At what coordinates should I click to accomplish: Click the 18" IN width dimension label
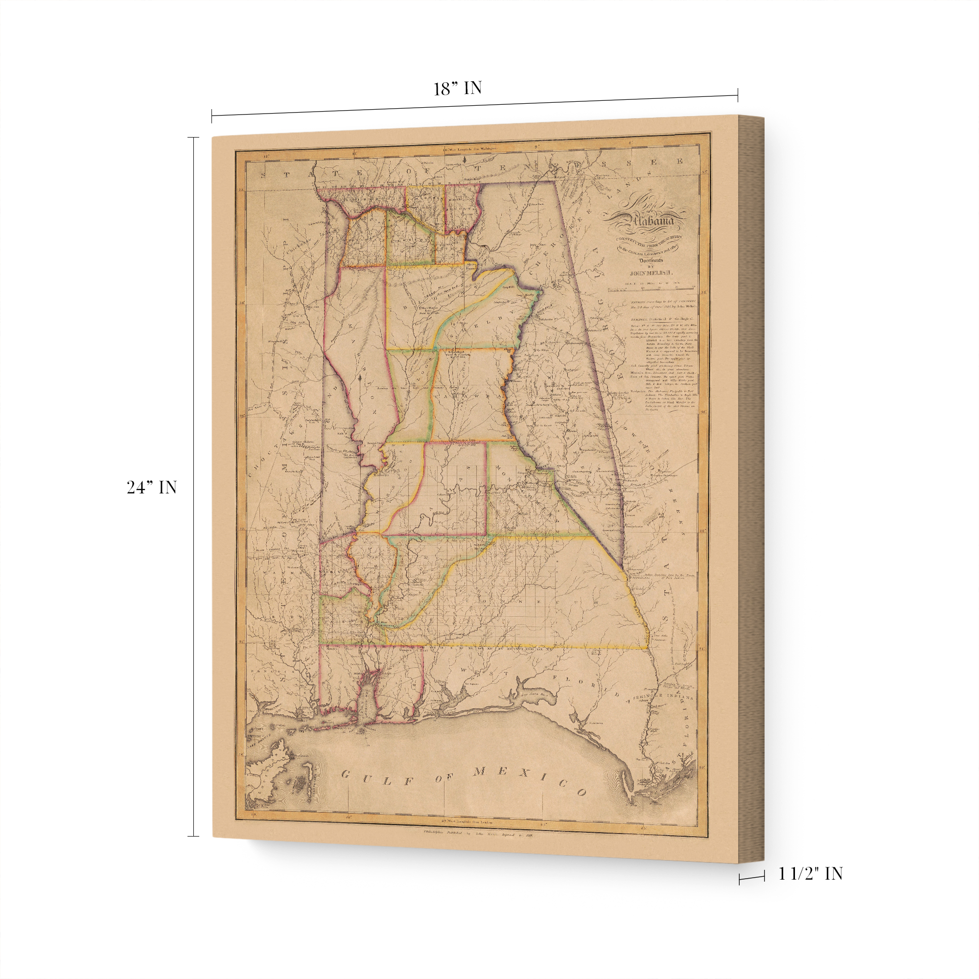click(x=457, y=88)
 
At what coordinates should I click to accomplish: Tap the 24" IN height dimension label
click(x=152, y=488)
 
